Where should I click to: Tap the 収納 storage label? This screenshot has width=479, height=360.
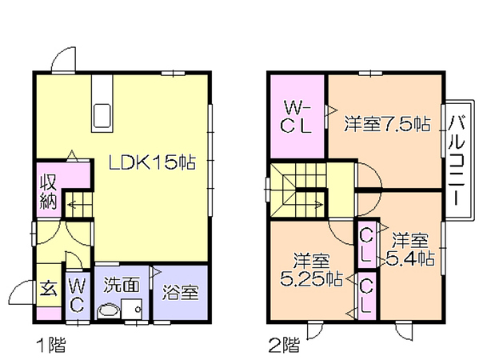pos(49,191)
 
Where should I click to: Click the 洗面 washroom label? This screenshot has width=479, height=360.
pos(122,285)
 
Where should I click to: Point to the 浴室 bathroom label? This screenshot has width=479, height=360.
pos(181,293)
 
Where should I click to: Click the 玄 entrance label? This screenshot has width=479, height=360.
pos(49,289)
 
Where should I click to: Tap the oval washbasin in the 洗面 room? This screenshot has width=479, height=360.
pos(108,311)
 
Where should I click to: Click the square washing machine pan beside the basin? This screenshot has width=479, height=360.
pos(131,309)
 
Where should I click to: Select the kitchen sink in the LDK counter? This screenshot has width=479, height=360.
pos(102,116)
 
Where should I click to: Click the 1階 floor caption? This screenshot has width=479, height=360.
pos(51,345)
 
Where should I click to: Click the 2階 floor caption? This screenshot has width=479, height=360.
pos(284,345)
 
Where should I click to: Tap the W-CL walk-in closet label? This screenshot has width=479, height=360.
pos(297,117)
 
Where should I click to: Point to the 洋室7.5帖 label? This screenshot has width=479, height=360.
pos(387,124)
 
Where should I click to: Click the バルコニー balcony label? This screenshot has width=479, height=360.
pos(457,161)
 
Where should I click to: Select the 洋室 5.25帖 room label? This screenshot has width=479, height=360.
pos(311,270)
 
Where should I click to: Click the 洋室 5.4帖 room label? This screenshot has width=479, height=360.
pos(410,250)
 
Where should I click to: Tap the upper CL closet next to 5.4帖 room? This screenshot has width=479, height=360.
pos(366,245)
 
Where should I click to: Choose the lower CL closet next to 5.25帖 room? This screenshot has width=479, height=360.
pos(366,296)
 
